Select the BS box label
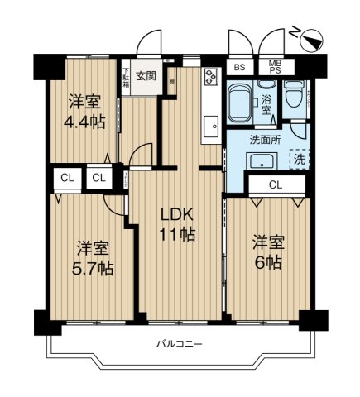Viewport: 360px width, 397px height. (x=239, y=68)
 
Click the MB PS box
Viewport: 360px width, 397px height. (x=272, y=68)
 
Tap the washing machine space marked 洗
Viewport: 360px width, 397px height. (x=298, y=157)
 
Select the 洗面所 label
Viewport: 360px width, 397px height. (x=266, y=140)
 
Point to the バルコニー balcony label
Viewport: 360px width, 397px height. (x=179, y=343)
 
